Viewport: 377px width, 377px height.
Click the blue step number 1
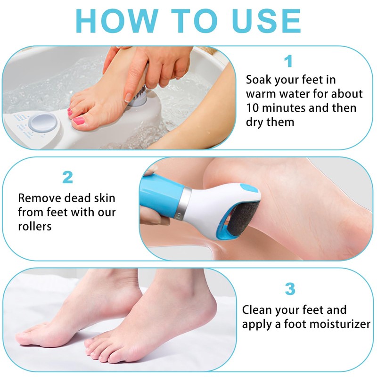[x=288, y=62]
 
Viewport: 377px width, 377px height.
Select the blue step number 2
[x=68, y=178]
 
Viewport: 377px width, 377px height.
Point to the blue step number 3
[x=290, y=289]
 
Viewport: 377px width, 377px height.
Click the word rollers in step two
[x=34, y=226]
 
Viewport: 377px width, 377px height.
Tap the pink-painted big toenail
[x=79, y=121]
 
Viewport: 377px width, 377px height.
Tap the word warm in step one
[x=265, y=94]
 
